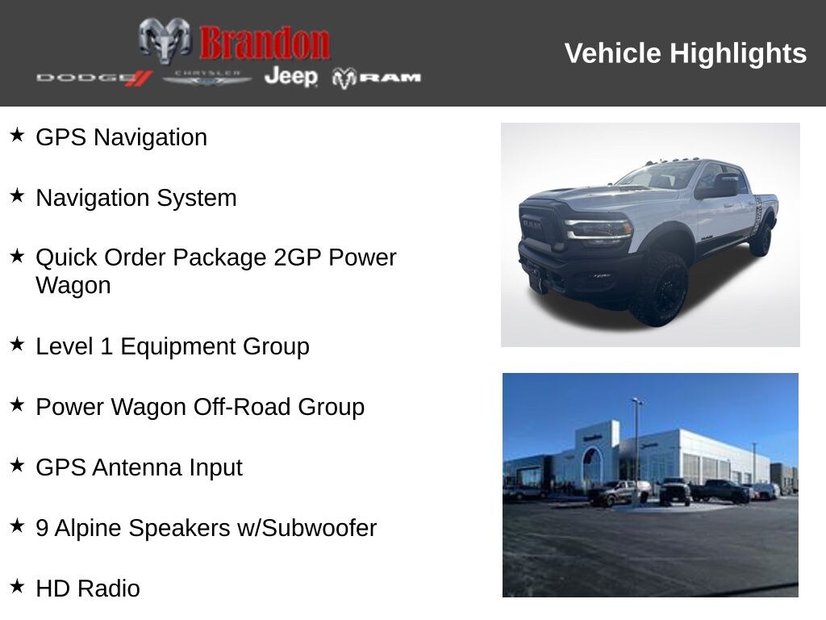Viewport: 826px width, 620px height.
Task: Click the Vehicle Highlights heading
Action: point(685,53)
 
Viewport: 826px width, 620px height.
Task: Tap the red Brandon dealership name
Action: point(265,43)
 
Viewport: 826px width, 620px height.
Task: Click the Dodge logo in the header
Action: point(94,77)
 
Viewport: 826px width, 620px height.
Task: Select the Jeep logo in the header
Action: point(290,77)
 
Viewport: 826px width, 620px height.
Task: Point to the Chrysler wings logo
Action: point(207,77)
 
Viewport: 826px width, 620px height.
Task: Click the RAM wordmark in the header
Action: point(378,77)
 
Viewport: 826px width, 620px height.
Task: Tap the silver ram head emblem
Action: point(165,40)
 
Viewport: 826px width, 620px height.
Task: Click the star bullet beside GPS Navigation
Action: point(17,135)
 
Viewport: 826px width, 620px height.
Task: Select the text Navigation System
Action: point(136,198)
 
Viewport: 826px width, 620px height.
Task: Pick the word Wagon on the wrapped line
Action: point(73,286)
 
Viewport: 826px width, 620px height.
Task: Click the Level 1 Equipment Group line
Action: point(172,346)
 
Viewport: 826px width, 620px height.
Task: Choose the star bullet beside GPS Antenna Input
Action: point(17,465)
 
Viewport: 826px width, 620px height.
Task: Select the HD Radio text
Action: point(87,589)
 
